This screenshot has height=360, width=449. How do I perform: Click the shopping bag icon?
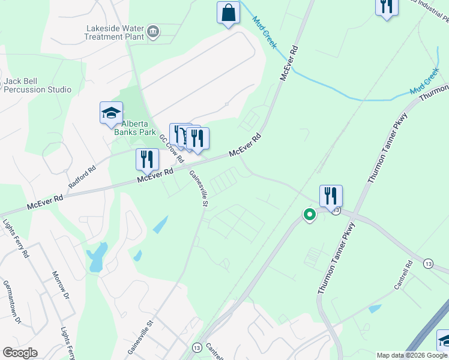228,13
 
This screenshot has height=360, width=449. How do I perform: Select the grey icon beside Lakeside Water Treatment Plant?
153,31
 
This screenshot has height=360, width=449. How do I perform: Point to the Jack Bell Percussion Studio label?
37,85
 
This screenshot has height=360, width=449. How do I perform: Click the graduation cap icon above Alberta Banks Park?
111,112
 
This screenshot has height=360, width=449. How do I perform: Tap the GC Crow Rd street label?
171,148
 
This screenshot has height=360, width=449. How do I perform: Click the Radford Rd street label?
82,178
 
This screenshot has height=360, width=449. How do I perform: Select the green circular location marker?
310,214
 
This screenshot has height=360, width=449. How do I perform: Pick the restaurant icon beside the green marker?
331,196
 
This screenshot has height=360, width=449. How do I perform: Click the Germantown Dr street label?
11,302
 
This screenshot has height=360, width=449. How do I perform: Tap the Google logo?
19,353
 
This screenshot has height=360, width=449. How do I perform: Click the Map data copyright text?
412,355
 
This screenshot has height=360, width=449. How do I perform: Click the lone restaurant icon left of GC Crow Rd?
147,160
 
